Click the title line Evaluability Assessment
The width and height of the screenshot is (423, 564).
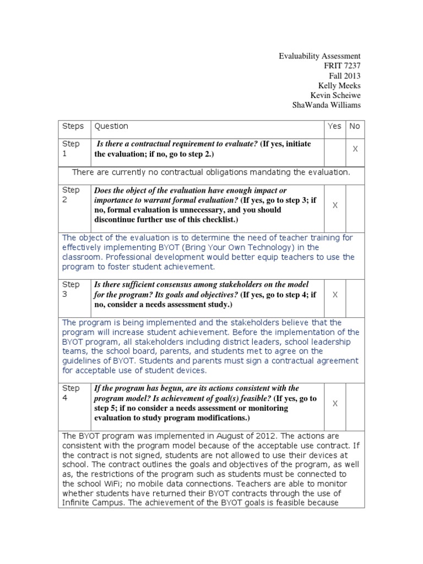(319, 56)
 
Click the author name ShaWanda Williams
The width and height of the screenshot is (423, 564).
(327, 106)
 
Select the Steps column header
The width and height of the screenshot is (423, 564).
(73, 126)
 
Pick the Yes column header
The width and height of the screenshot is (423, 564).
(334, 126)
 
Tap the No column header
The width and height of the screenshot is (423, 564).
(355, 126)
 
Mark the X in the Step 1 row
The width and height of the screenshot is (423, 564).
(355, 149)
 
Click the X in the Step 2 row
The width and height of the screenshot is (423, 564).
(335, 205)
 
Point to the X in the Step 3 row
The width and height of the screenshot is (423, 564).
(335, 295)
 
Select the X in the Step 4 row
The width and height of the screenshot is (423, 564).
(335, 403)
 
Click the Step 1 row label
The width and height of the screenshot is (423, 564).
(71, 149)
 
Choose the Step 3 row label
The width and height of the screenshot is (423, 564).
(71, 290)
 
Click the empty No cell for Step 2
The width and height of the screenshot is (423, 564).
(355, 205)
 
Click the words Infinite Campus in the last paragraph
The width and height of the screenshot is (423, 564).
(94, 503)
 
